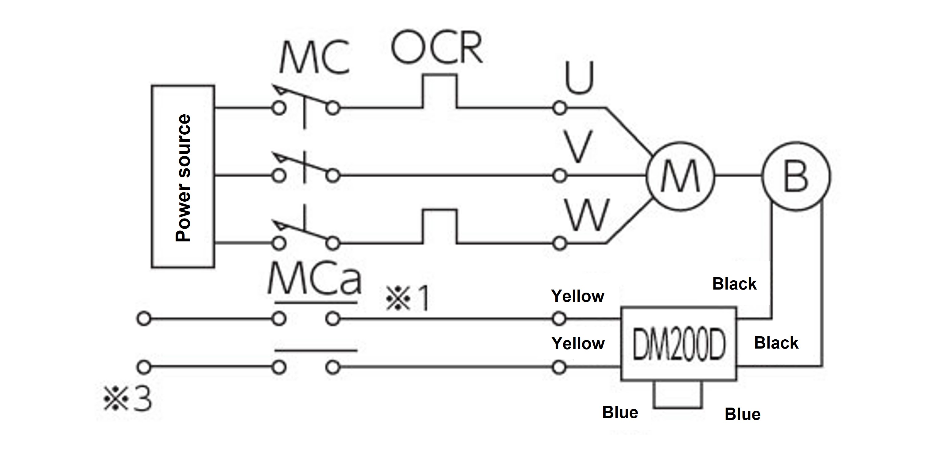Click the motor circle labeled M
point(680,176)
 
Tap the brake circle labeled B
point(796,176)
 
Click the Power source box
point(183,176)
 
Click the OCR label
point(437,48)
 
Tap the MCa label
point(314,280)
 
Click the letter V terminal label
point(579,146)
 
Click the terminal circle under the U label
point(559,108)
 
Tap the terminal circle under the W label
point(559,243)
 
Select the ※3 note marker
point(127,399)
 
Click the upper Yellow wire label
point(577,296)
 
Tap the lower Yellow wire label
point(578,343)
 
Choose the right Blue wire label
point(742,414)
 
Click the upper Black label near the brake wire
point(734,284)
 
